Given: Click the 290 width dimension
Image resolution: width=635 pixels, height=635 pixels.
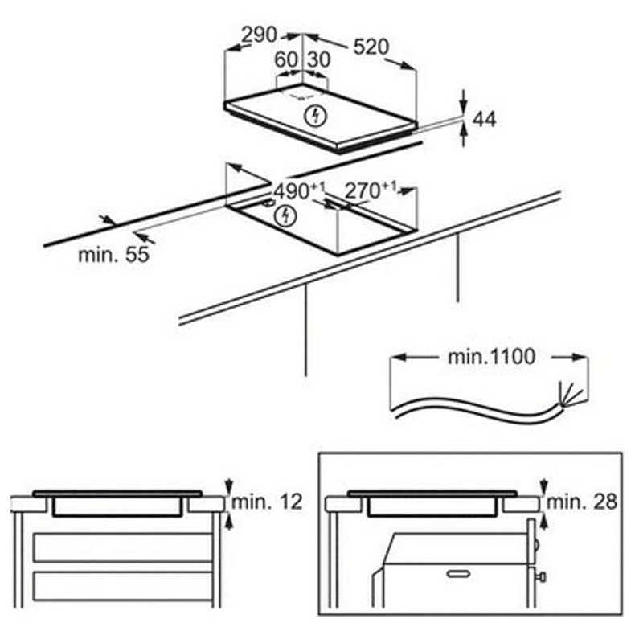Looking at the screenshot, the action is coord(259,35).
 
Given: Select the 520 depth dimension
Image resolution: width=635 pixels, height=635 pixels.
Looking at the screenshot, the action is coord(371,47).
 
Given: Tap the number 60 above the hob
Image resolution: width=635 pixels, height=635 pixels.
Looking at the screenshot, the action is coord(286,60).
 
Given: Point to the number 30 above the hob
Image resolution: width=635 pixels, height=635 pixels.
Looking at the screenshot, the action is coord(319,60).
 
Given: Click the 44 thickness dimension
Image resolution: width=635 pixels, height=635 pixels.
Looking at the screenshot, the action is coord(485,120).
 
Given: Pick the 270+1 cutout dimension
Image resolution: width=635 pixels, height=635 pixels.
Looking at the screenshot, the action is coord(371,190).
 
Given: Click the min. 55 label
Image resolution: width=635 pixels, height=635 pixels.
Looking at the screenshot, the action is coord(114,255).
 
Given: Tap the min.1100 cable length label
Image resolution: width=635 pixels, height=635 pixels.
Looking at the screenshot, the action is coord(492,357).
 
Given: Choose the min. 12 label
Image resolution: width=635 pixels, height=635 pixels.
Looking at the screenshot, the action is coord(267,502).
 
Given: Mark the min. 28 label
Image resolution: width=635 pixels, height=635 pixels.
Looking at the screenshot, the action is coord(582,502).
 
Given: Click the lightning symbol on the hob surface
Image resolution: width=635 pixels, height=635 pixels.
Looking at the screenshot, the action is coord(315,116).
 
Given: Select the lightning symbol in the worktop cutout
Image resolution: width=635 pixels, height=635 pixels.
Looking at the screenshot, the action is coord(285,216).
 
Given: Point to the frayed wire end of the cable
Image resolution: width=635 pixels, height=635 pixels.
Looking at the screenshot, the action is coord(570,394).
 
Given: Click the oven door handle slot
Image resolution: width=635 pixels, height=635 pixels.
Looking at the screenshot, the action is coord(458,573).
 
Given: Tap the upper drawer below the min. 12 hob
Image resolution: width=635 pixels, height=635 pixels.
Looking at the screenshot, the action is coord(123,547).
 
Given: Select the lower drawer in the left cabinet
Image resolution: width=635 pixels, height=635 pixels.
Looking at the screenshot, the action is coord(123,586).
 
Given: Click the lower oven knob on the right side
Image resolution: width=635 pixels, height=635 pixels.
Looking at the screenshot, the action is coord(542,576).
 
